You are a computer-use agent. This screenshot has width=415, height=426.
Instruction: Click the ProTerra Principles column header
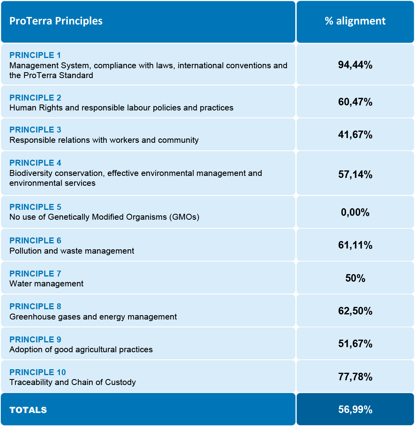(x=56, y=21)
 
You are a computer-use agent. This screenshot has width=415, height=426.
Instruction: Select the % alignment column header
(x=355, y=21)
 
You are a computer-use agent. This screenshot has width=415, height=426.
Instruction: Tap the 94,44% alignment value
(x=355, y=65)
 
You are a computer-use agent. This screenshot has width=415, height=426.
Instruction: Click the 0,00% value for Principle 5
(x=355, y=213)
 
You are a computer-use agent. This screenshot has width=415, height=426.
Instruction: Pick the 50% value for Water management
(x=355, y=278)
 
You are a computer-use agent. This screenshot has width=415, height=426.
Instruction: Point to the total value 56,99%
(x=355, y=410)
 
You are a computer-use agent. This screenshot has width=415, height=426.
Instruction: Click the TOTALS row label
(x=28, y=410)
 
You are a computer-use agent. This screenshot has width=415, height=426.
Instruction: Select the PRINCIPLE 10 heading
(x=38, y=372)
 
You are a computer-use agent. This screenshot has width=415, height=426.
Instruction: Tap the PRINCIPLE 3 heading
(x=35, y=130)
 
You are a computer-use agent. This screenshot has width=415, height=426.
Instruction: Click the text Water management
(x=47, y=284)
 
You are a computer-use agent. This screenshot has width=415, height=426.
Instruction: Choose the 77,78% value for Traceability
(x=355, y=377)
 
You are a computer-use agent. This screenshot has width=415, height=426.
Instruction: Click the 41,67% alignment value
(x=355, y=135)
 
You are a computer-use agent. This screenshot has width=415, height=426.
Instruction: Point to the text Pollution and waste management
(x=72, y=251)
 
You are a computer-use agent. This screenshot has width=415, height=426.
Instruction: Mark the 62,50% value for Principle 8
(x=355, y=311)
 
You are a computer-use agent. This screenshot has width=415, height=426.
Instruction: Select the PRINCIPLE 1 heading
(x=35, y=55)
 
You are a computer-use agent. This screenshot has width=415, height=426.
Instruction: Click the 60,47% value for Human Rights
(x=355, y=102)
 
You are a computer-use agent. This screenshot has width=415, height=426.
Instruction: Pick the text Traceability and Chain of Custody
(x=73, y=382)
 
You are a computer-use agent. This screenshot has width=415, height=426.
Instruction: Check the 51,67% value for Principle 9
(x=355, y=344)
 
